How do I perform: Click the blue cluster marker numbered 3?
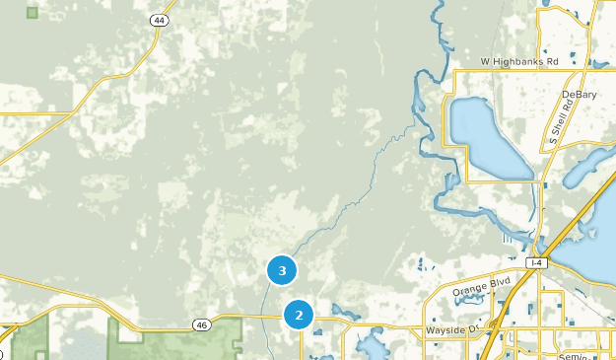282,269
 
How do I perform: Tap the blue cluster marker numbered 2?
298,316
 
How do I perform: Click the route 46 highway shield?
201,324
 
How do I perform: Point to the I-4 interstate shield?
536,262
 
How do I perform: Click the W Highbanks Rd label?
519,61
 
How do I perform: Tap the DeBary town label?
580,95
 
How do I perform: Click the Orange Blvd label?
481,286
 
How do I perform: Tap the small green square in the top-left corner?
33,13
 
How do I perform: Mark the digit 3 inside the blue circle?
282,269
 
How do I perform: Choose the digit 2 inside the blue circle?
298,316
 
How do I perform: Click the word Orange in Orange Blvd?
471,289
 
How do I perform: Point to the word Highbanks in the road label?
517,61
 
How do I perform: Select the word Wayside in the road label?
444,330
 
